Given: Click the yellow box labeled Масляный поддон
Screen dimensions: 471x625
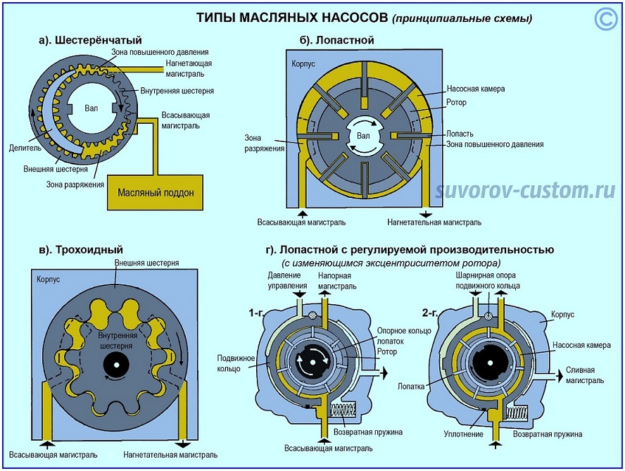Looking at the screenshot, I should pos(156,191).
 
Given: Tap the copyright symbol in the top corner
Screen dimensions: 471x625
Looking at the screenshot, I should pos(605,19).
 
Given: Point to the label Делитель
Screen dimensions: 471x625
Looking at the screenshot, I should pos(27,148).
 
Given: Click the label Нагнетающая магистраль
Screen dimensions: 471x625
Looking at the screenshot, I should pos(189,68).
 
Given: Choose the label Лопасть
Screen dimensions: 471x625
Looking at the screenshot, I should pos(459,133).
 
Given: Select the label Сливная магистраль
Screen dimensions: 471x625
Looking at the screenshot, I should pos(584,375).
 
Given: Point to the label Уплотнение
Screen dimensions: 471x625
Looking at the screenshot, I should pos(464,434).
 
